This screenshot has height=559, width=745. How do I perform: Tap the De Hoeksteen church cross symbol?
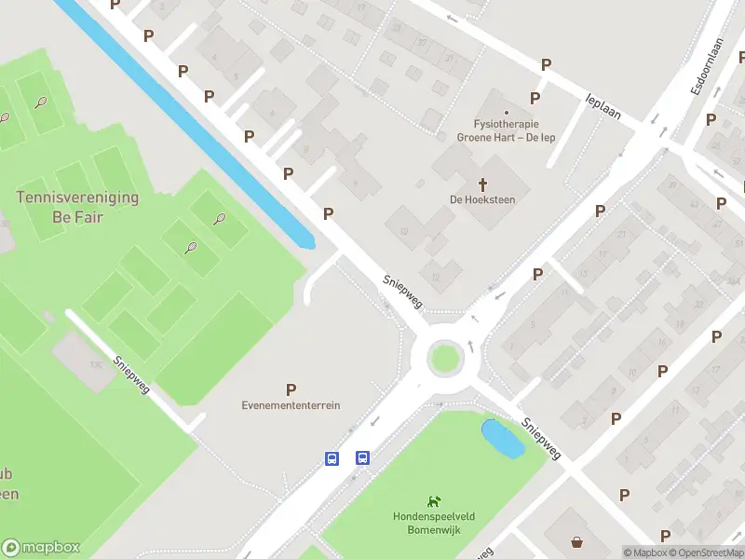482,184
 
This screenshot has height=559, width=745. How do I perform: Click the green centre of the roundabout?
444,357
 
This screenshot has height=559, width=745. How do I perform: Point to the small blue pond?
503,438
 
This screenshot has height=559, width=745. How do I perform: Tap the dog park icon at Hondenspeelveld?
432,502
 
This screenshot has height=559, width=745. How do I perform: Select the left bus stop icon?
332,457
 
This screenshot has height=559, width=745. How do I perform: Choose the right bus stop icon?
362,457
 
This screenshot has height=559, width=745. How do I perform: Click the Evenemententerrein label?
291,405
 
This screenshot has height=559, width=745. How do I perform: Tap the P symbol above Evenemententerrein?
291,389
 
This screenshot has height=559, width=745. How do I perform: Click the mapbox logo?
41,548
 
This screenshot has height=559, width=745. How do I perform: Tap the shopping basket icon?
577,541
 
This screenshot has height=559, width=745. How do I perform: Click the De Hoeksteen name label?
482,199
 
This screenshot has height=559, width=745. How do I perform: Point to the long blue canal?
186,121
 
